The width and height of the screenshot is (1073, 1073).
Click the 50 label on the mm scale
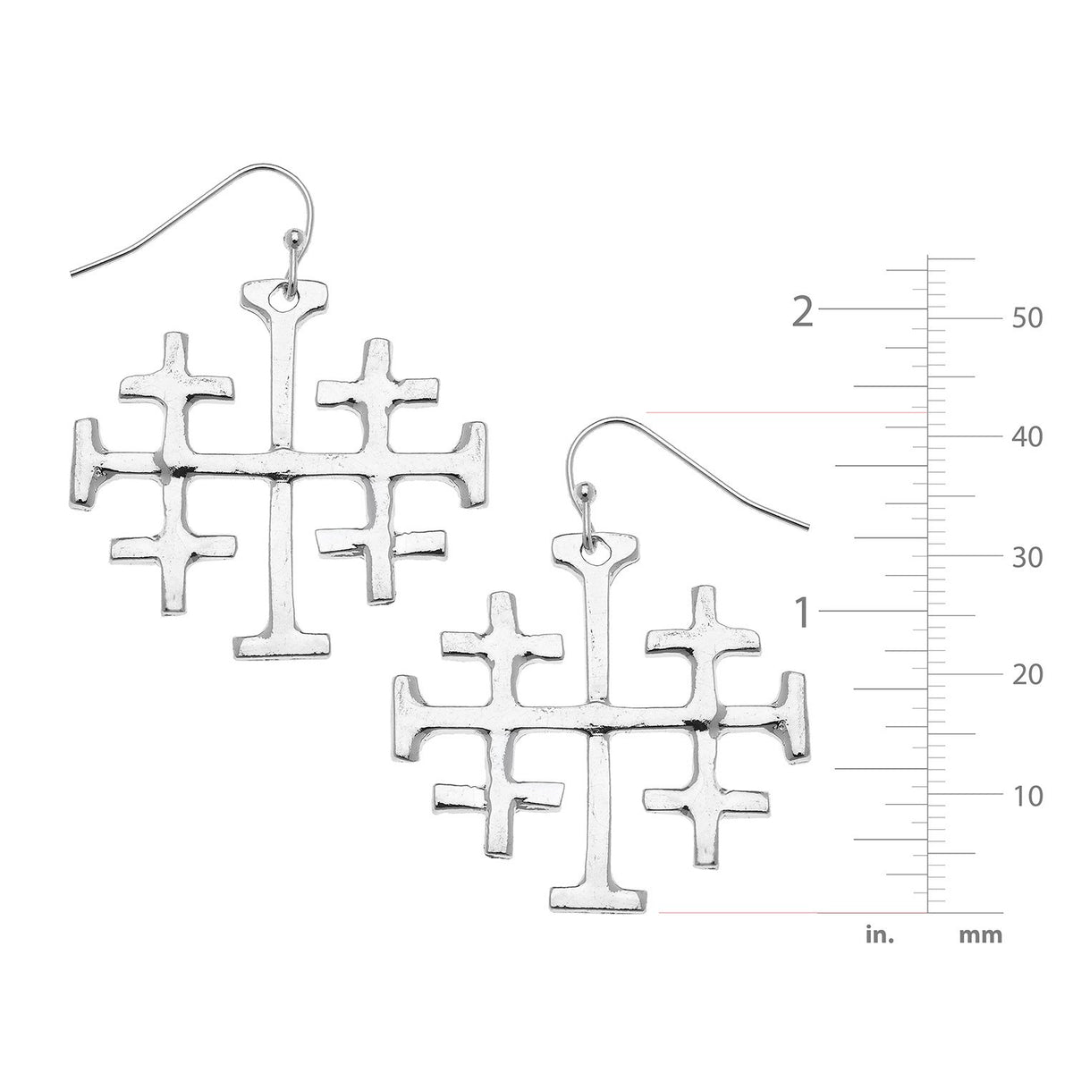[1027, 317]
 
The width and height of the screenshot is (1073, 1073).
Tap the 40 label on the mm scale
[1027, 437]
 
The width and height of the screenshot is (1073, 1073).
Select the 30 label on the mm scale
[1027, 557]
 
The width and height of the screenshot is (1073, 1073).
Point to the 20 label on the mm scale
[1027, 675]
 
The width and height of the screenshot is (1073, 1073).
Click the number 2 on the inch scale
[802, 312]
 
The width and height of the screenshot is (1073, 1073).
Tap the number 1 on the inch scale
[802, 613]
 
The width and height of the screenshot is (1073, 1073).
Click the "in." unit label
[880, 935]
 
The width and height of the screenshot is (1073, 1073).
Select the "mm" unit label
[980, 936]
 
